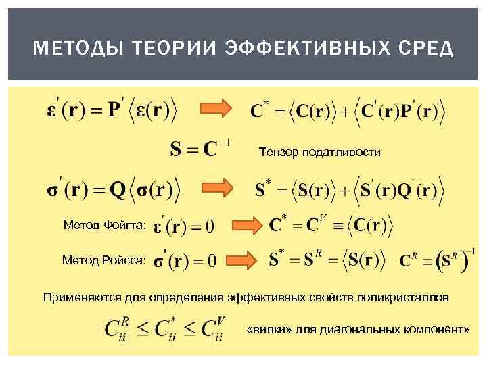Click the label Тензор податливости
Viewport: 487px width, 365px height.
click(x=320, y=153)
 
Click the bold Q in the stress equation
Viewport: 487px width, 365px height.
click(x=118, y=189)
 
